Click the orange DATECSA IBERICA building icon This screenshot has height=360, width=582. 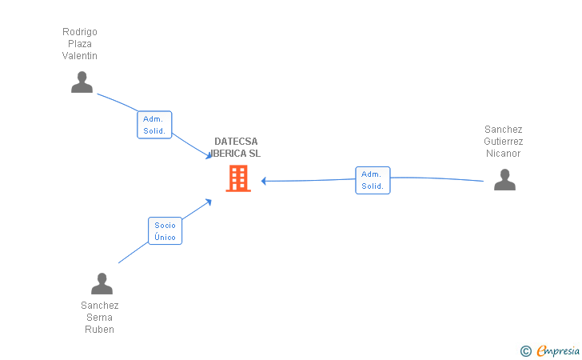tap(238, 178)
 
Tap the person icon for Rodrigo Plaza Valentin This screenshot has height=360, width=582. tap(82, 82)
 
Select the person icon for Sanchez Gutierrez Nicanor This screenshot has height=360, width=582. tap(504, 180)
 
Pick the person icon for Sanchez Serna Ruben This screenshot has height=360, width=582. tap(102, 284)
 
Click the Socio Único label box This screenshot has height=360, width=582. tap(165, 231)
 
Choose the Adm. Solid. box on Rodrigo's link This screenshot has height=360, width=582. tap(154, 125)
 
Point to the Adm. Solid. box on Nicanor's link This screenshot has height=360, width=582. tap(373, 180)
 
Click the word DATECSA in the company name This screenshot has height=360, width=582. tap(236, 142)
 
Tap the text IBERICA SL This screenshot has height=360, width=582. tap(237, 154)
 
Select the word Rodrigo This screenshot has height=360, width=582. tap(80, 32)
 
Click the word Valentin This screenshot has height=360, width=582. tap(80, 56)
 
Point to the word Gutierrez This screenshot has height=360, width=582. tap(504, 142)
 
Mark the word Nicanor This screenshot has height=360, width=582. tap(504, 154)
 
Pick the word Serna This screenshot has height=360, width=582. tap(100, 318)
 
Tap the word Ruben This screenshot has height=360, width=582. tap(100, 330)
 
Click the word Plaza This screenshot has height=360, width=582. tap(80, 44)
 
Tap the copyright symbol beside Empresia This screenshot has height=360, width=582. tap(525, 350)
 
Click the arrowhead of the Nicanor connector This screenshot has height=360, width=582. tap(264, 181)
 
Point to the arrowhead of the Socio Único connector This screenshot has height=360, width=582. tap(209, 201)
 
